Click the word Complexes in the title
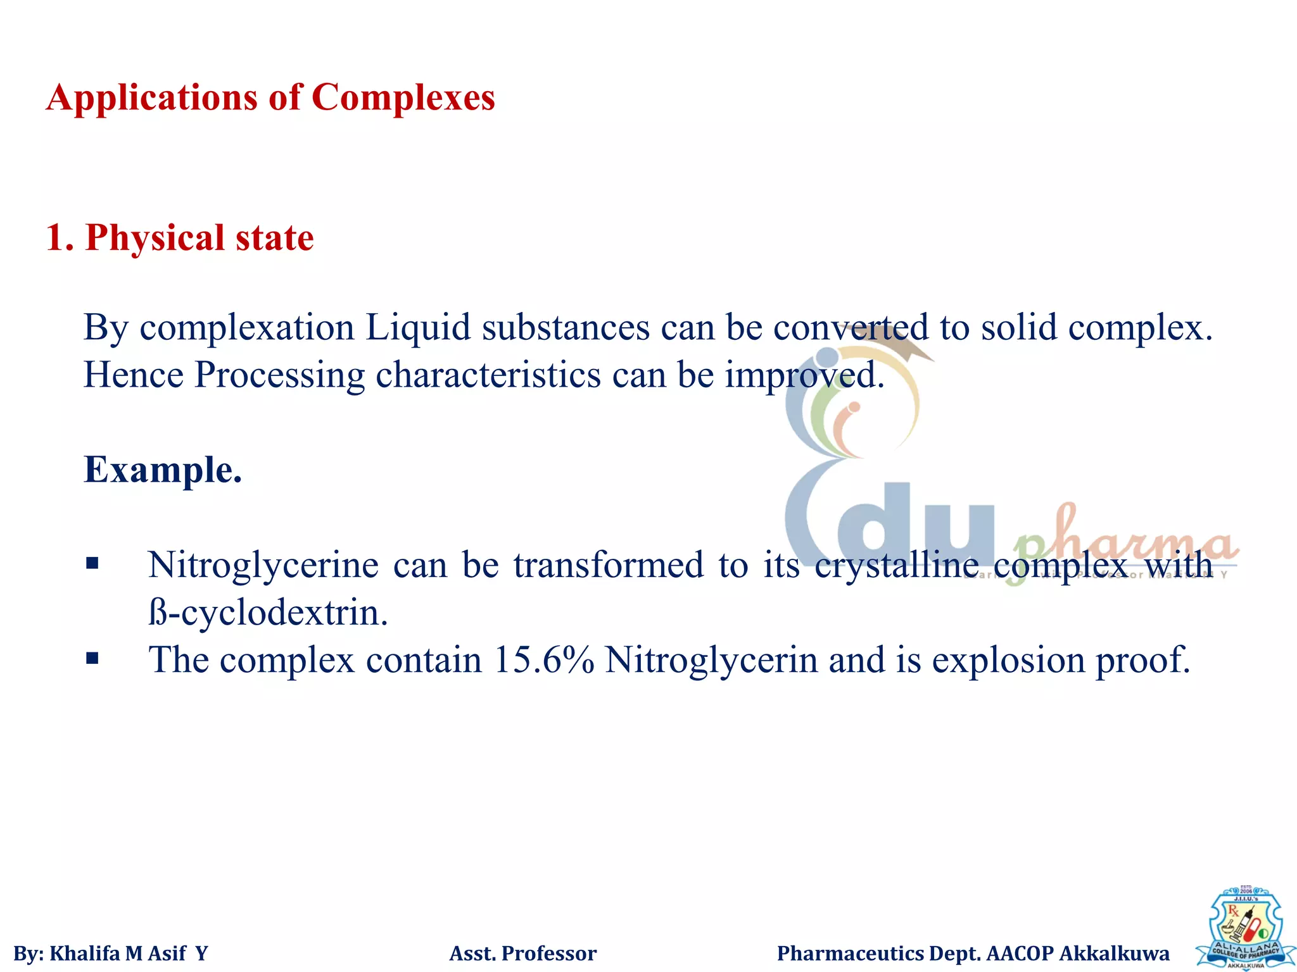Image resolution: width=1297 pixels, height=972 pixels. (x=403, y=97)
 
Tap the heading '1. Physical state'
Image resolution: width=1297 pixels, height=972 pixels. (x=180, y=238)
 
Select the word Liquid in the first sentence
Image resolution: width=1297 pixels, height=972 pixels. (x=418, y=328)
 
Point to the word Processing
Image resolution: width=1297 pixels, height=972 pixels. (x=279, y=375)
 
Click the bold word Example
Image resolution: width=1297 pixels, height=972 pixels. (x=163, y=470)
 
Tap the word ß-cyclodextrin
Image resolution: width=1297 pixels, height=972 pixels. (x=268, y=613)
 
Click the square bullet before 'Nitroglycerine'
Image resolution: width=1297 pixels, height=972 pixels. (x=92, y=563)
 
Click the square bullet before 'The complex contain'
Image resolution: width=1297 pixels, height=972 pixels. (x=92, y=659)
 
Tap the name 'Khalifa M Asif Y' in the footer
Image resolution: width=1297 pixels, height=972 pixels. (x=129, y=953)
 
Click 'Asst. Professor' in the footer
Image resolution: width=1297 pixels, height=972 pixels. (x=522, y=953)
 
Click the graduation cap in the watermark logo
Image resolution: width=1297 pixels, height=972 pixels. (x=899, y=342)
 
